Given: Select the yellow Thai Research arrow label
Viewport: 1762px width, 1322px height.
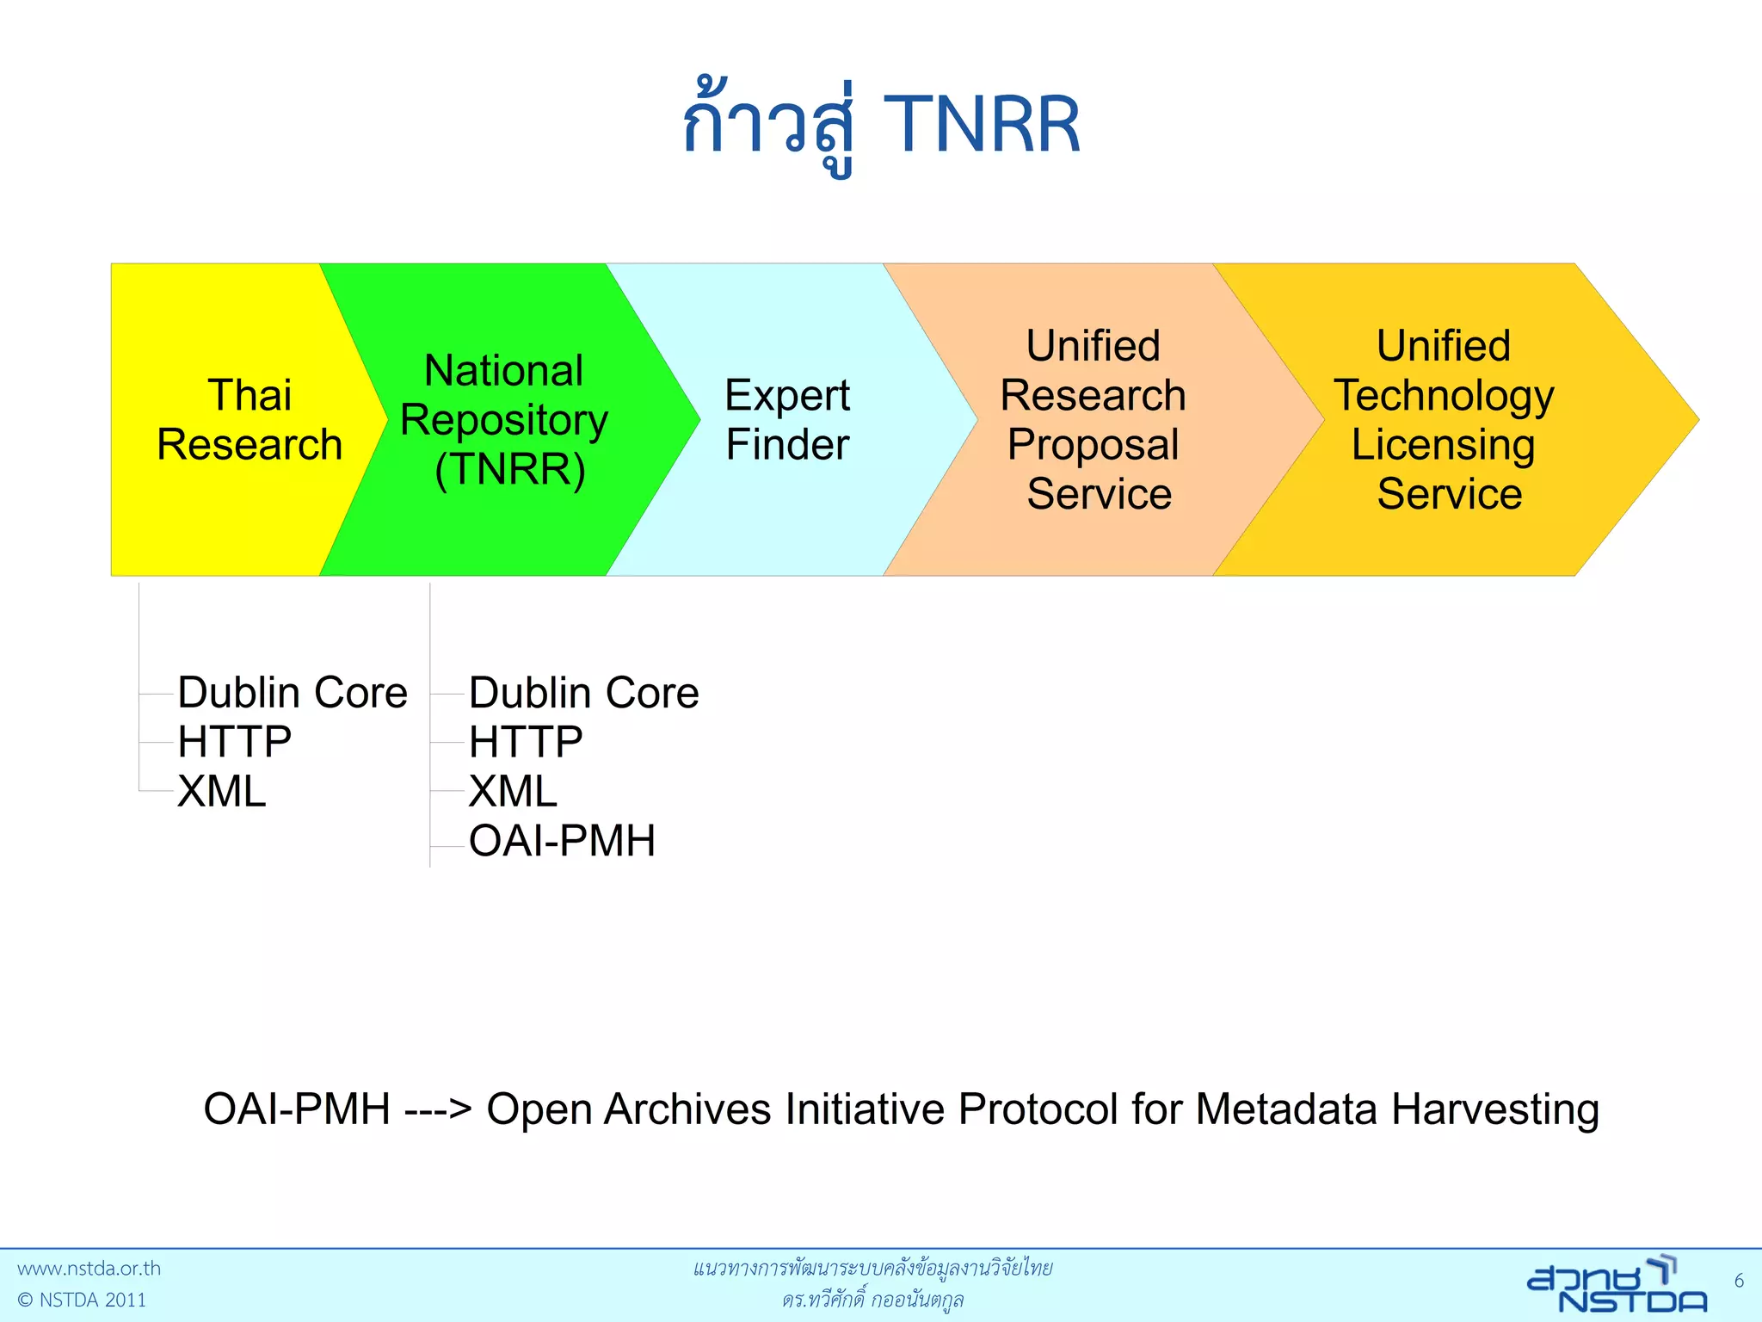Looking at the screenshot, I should [x=250, y=420].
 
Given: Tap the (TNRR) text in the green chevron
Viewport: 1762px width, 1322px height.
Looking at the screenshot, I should [x=509, y=470].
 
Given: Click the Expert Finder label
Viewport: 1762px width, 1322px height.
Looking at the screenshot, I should [x=787, y=420].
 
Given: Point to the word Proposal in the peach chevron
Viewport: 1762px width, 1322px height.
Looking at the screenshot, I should [x=1093, y=445].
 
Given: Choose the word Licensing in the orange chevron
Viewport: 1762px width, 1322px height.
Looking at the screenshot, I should [x=1443, y=445].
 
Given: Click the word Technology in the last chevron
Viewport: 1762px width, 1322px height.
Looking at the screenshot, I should [x=1444, y=396].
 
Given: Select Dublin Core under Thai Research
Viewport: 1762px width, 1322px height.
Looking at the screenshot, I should [x=293, y=693].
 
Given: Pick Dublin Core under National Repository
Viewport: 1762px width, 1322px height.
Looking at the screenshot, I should [x=583, y=693].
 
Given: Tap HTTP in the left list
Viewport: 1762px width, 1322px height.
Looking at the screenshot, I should [x=234, y=742].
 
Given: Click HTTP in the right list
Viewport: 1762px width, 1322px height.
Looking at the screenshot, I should [x=526, y=742].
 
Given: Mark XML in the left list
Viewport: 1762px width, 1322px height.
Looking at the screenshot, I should [x=222, y=791].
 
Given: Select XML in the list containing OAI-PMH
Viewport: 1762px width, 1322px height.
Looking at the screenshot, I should [x=513, y=791].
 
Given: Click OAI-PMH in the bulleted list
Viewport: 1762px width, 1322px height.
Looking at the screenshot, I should [x=562, y=841].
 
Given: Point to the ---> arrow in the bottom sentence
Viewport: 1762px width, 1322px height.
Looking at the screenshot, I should [x=438, y=1109].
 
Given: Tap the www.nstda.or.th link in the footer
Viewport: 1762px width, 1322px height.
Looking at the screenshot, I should [x=89, y=1269].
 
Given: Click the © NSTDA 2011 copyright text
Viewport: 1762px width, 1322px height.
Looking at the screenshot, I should [x=82, y=1300].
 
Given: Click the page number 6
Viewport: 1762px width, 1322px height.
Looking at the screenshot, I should [x=1739, y=1281].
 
